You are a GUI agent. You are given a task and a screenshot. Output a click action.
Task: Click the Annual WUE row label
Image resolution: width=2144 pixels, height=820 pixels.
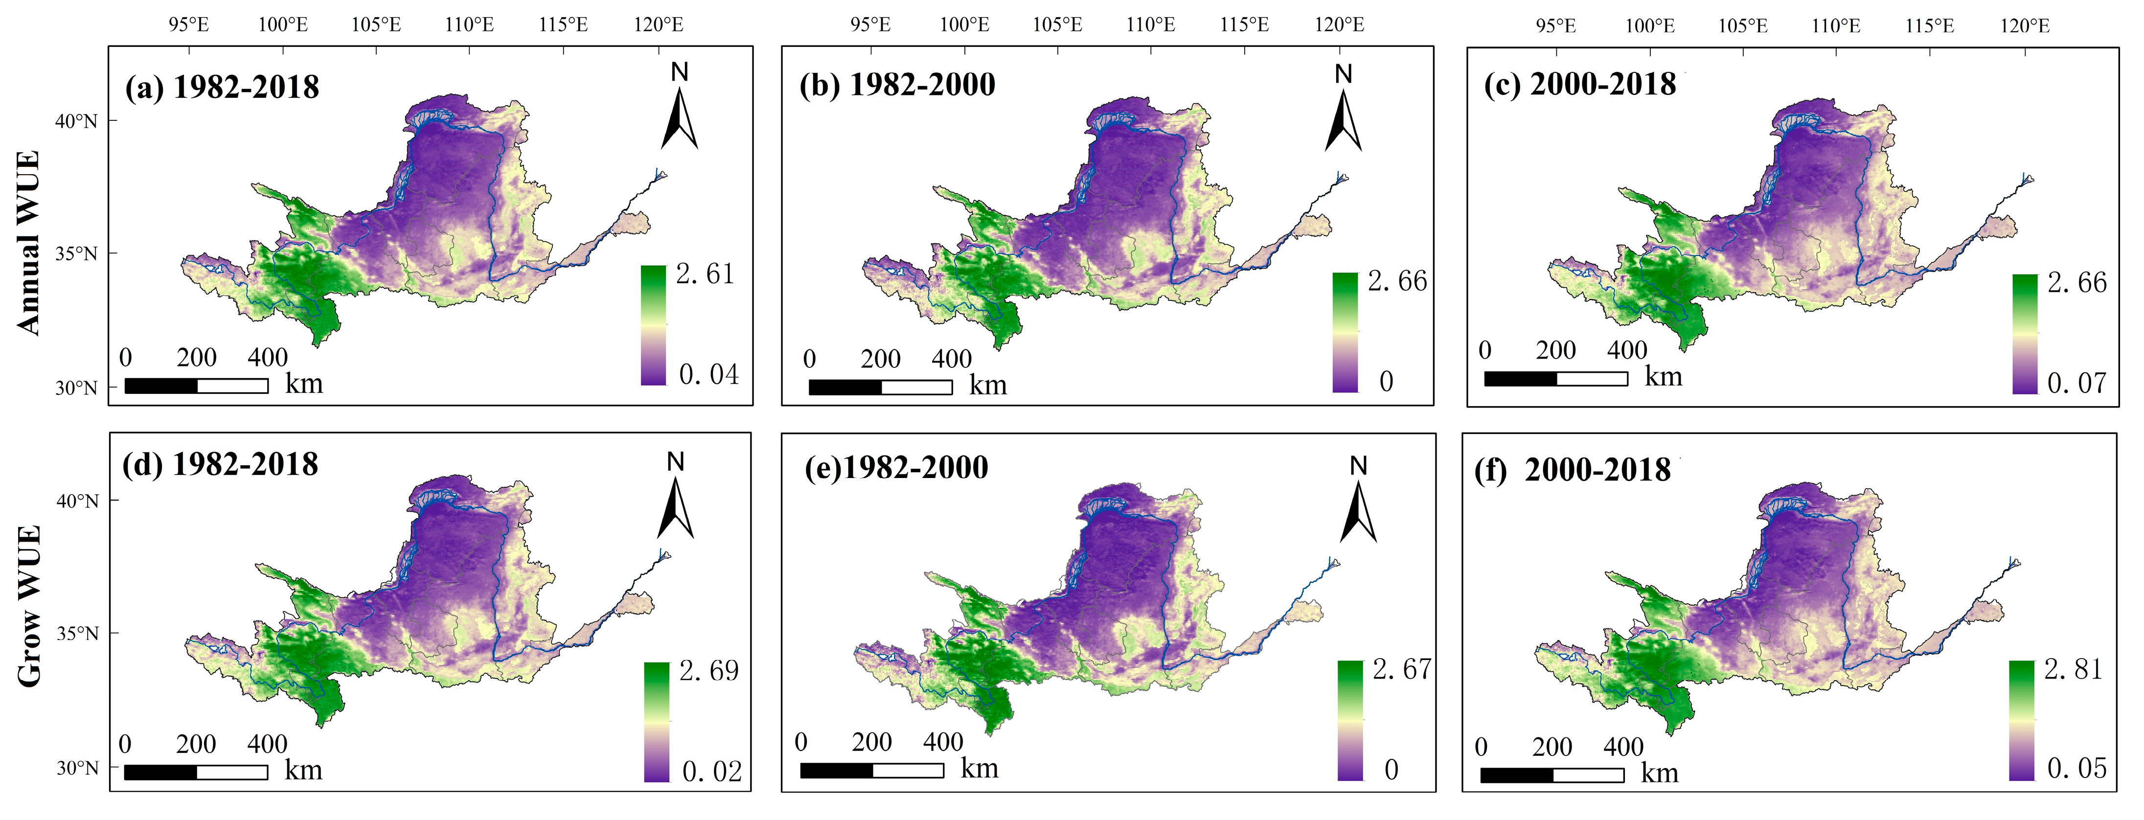pos(28,243)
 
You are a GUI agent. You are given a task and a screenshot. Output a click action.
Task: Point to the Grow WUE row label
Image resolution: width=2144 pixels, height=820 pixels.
pos(28,606)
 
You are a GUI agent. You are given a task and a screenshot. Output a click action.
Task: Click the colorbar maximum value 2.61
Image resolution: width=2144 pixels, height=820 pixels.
pos(705,274)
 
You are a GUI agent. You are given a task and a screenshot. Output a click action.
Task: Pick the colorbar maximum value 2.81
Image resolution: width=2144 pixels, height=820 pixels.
pos(2073,669)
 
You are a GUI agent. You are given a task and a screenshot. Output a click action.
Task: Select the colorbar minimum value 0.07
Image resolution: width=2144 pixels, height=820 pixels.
pos(2076,383)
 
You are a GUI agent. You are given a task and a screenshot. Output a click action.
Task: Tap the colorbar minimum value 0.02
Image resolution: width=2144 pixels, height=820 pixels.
pos(711,772)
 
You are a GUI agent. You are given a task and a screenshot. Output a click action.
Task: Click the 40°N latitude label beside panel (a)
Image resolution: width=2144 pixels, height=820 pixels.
pos(76,121)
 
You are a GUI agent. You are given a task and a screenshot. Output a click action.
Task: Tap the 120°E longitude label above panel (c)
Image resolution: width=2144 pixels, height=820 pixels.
pos(2024,26)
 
